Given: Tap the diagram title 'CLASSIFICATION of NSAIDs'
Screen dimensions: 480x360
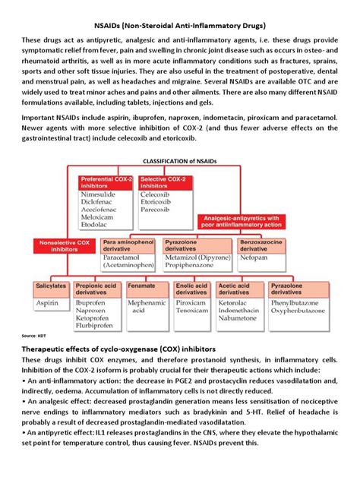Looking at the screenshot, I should pyautogui.click(x=180, y=160).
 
